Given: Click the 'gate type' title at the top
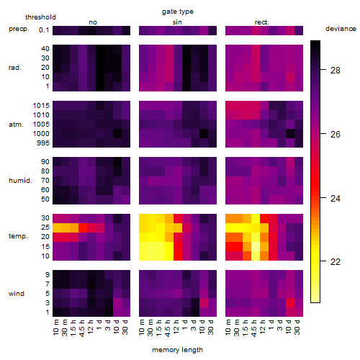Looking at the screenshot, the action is coord(178,12).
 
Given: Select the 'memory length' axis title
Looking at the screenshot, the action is coord(177,350).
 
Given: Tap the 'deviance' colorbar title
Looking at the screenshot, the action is coord(341,29).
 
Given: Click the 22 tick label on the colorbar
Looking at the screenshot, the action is coord(336,261).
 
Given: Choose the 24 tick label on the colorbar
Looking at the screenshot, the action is coord(336,198).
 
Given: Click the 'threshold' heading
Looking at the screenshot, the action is coord(40,17).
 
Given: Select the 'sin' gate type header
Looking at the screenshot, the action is coord(177,22).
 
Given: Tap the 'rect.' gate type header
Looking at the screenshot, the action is coord(261,22).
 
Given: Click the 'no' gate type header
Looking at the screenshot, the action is coord(93,22).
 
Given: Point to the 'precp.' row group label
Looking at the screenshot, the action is coord(19,29).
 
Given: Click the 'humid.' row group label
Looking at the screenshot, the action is coord(20,181).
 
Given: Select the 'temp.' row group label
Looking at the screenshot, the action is coord(18,236).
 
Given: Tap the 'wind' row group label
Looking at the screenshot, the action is coord(17,294).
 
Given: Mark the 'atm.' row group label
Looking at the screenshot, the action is coord(16,125).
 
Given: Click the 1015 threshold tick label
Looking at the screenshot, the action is coord(41,106).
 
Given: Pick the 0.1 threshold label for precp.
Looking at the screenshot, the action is coord(44,30).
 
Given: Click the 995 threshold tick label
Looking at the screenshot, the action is coord(43,143).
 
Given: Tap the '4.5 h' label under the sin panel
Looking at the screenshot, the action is coord(168,328).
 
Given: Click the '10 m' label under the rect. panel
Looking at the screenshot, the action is coord(228,328).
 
